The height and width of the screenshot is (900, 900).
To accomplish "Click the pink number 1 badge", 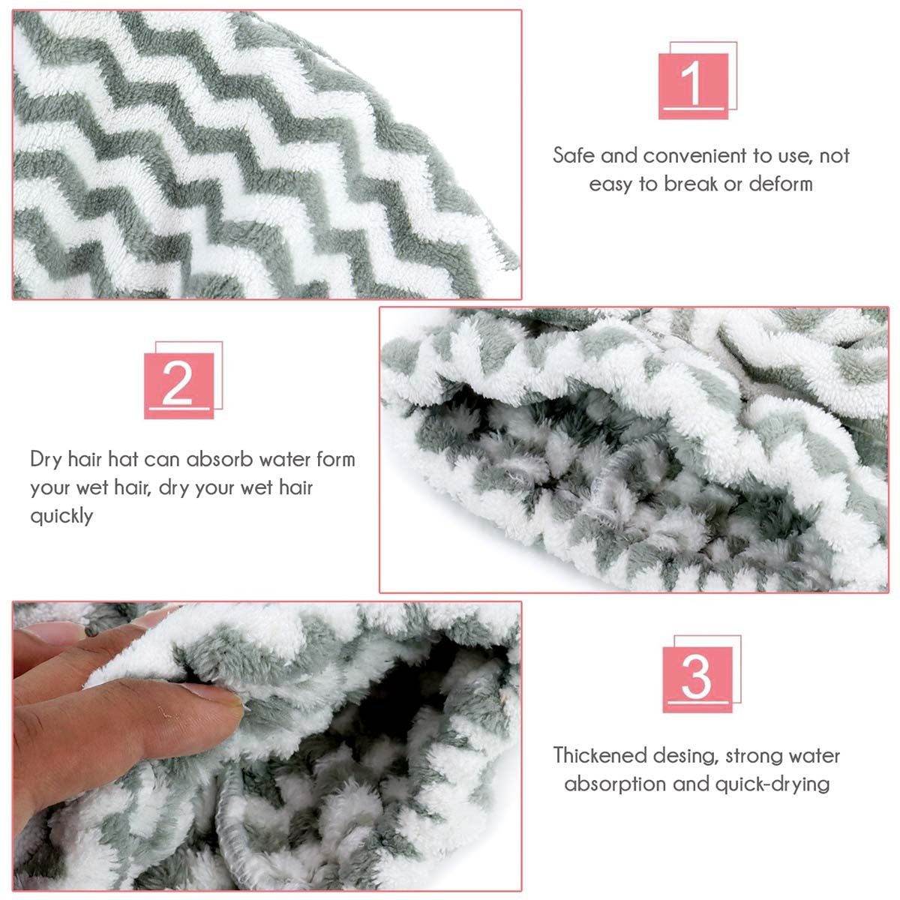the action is [693, 86].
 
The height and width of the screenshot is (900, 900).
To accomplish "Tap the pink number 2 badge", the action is [179, 385].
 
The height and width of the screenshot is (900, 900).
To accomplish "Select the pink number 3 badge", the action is [697, 679].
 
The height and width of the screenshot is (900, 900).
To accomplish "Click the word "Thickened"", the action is [600, 755].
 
